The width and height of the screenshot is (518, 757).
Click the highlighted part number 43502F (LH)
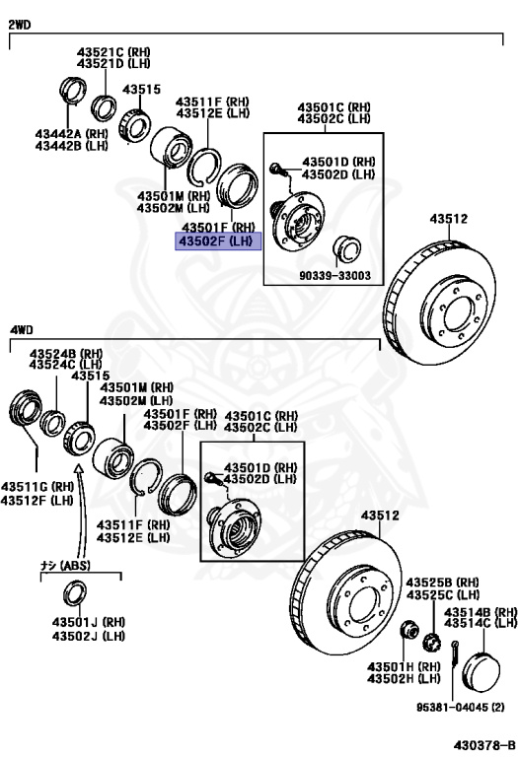[x=218, y=241]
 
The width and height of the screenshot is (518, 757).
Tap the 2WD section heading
[x=20, y=25]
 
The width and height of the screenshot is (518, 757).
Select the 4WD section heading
[x=22, y=330]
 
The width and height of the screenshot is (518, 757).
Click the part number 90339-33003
[x=334, y=276]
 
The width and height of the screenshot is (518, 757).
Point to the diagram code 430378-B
[x=483, y=744]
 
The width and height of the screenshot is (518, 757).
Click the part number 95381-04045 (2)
[x=461, y=708]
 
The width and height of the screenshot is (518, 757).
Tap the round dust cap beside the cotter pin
[x=481, y=671]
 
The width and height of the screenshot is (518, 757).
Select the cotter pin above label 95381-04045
[x=455, y=654]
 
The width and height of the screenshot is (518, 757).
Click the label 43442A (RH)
[x=71, y=134]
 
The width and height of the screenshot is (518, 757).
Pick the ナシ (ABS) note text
[x=65, y=565]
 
